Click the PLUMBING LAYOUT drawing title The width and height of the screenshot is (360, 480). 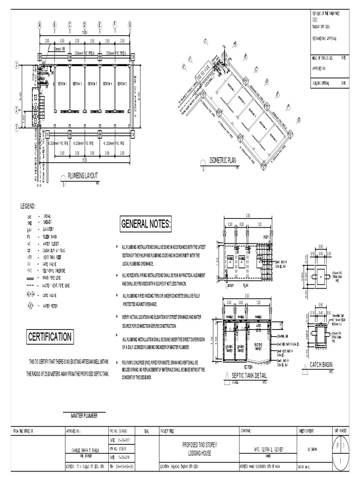83,175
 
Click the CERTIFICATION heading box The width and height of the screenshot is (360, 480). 50,337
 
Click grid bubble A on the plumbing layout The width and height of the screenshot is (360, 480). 40,25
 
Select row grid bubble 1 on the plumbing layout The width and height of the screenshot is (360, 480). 16,65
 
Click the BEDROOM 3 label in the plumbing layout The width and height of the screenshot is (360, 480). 92,84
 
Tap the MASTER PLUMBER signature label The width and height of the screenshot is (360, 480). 84,415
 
